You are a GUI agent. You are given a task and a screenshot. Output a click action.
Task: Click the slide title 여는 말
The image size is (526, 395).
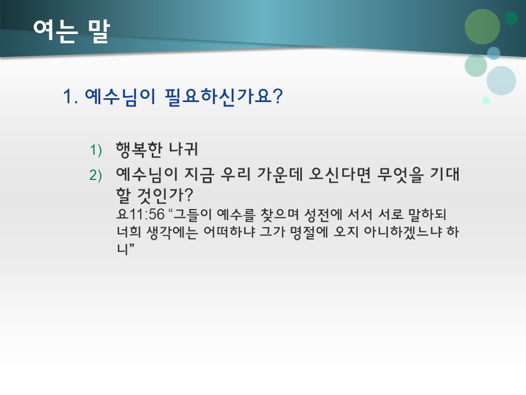[71, 31]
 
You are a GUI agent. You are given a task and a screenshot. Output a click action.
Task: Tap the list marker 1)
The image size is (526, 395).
[96, 150]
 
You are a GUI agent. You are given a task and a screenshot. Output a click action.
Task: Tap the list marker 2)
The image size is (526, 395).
[96, 176]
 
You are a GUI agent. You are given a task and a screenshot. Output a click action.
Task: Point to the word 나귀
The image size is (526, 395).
[185, 149]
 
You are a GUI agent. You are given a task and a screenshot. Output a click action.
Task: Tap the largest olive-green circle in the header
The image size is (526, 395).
[482, 27]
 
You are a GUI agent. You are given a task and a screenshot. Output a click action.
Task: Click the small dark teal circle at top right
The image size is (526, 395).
[511, 18]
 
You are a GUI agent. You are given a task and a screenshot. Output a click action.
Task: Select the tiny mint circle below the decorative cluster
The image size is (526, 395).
[486, 100]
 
